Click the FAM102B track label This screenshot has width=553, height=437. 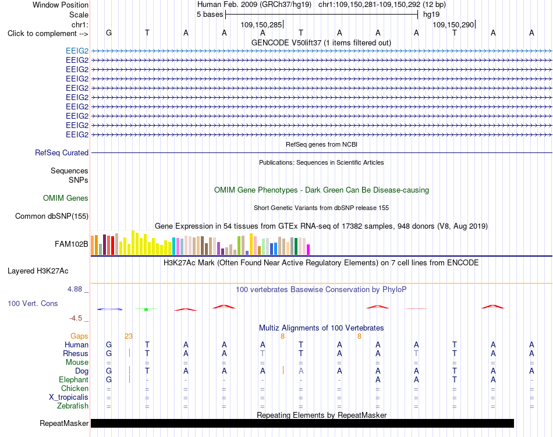point(71,244)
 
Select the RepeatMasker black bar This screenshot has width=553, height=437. point(302,423)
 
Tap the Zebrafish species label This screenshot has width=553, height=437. point(73,406)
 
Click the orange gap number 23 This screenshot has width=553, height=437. point(129,336)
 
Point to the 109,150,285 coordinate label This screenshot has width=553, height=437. point(261,24)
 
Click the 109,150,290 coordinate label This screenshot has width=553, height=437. point(453,24)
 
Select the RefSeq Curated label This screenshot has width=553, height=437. point(62,152)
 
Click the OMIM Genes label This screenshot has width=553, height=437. point(66,198)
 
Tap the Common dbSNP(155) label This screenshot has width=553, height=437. point(52,216)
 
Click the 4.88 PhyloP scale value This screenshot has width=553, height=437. point(75,289)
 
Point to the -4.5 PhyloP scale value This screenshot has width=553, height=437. point(76,318)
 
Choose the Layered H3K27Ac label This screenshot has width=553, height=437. point(38,271)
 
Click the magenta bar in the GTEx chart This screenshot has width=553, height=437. point(309,250)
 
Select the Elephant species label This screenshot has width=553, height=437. point(74,379)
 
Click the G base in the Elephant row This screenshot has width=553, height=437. point(109,379)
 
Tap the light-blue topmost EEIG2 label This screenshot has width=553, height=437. point(77,51)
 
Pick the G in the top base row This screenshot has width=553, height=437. point(109,33)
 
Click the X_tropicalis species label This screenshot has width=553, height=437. point(69,397)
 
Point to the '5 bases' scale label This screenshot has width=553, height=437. point(210,15)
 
